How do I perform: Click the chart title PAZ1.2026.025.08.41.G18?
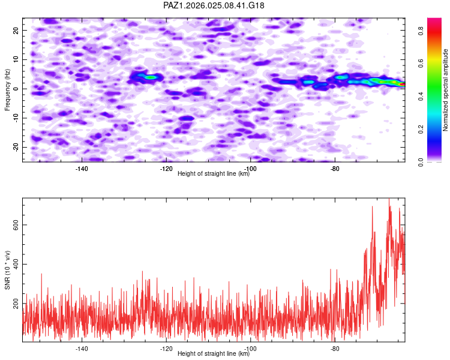pyautogui.click(x=214, y=5)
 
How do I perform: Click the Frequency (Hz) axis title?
pyautogui.click(x=8, y=89)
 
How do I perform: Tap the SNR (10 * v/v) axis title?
pyautogui.click(x=8, y=269)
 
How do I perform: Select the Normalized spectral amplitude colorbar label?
pyautogui.click(x=446, y=90)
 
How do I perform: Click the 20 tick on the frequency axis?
pyautogui.click(x=17, y=30)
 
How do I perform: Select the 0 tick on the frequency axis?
pyautogui.click(x=19, y=89)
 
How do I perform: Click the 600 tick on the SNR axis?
pyautogui.click(x=15, y=224)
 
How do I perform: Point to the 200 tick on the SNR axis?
pyautogui.click(x=15, y=304)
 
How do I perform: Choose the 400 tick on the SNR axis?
pyautogui.click(x=15, y=264)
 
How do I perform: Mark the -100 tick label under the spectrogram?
pyautogui.click(x=250, y=169)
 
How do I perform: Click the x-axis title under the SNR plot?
pyautogui.click(x=214, y=354)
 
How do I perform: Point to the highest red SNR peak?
pyautogui.click(x=389, y=200)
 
